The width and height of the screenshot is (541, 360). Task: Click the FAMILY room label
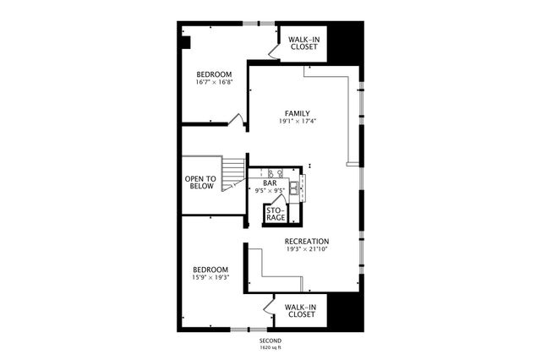[x=298, y=113]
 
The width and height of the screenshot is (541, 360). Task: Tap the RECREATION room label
[x=307, y=242]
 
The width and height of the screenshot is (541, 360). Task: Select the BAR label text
[x=270, y=183]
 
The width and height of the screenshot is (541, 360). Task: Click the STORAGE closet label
[x=276, y=214]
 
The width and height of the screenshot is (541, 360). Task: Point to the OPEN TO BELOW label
[x=201, y=183]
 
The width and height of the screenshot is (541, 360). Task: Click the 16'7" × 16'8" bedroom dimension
[x=214, y=83]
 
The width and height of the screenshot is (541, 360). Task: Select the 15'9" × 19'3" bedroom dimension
[x=210, y=277]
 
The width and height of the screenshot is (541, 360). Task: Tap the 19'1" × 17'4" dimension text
[x=298, y=121]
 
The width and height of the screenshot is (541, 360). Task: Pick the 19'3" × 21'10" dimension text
[x=307, y=249]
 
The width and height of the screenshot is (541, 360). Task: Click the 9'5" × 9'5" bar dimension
[x=270, y=190]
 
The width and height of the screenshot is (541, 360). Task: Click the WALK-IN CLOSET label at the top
[x=304, y=43]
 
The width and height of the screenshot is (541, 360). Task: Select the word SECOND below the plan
[x=270, y=341]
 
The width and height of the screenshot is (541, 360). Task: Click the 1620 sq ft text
[x=270, y=347]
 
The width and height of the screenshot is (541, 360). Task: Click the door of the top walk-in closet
[x=274, y=51]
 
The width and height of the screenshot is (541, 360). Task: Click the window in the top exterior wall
[x=259, y=24]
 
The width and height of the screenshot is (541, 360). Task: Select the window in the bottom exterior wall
[x=249, y=330]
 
